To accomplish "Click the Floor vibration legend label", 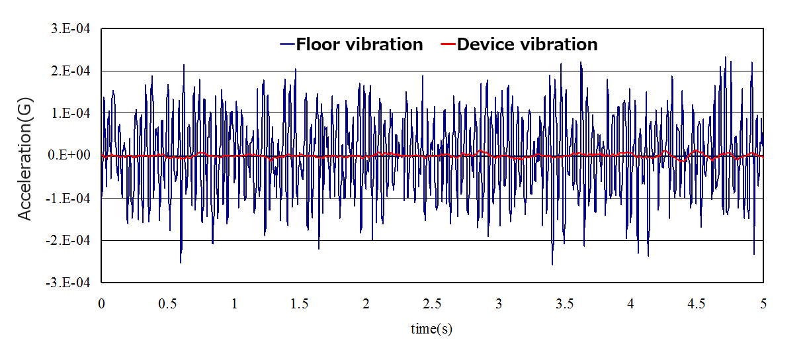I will click(x=359, y=44).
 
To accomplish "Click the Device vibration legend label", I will click(x=527, y=44).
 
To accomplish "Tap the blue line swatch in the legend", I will click(x=287, y=44).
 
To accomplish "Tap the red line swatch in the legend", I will click(x=448, y=44).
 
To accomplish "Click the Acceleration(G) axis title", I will click(x=24, y=156).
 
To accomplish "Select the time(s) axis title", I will click(x=431, y=329).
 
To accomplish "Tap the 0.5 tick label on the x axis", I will click(x=167, y=304).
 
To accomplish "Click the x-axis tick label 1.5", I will click(x=300, y=304).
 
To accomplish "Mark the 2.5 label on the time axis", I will click(x=432, y=304).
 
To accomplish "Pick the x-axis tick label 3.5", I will click(x=564, y=304).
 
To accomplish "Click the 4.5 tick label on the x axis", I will click(x=697, y=304).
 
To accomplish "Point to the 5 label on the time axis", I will click(x=763, y=304).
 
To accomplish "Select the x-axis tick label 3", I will click(x=499, y=304).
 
